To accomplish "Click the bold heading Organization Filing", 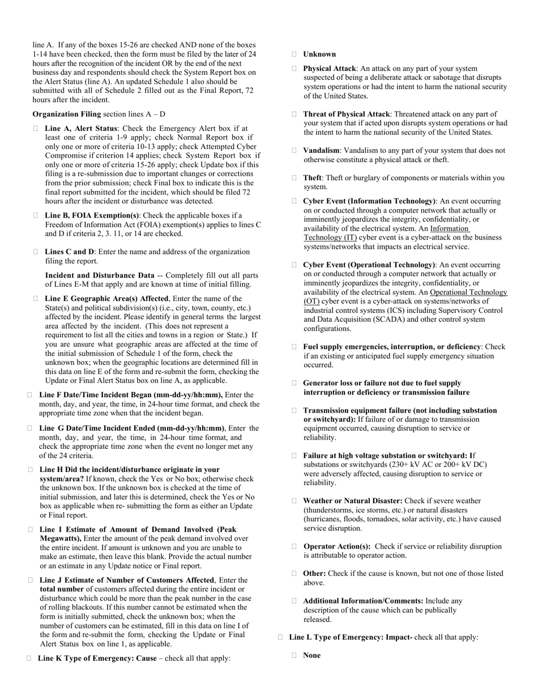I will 67,114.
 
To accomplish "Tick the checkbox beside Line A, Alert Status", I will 36,129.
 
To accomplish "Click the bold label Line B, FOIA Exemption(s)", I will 92,215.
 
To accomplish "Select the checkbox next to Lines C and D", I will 36,252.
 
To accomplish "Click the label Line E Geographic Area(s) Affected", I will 106,299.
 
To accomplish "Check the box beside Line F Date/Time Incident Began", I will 29,395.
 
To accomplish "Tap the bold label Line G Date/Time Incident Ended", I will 131,428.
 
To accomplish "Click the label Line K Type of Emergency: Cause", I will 97,658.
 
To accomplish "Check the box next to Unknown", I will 294,54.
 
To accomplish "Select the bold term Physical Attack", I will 330,69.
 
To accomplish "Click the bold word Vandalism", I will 321,151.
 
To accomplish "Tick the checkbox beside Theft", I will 294,178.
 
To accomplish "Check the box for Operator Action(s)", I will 294,547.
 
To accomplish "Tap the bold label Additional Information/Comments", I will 363,601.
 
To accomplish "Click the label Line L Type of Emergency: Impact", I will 351,637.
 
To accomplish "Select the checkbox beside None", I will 294,656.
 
